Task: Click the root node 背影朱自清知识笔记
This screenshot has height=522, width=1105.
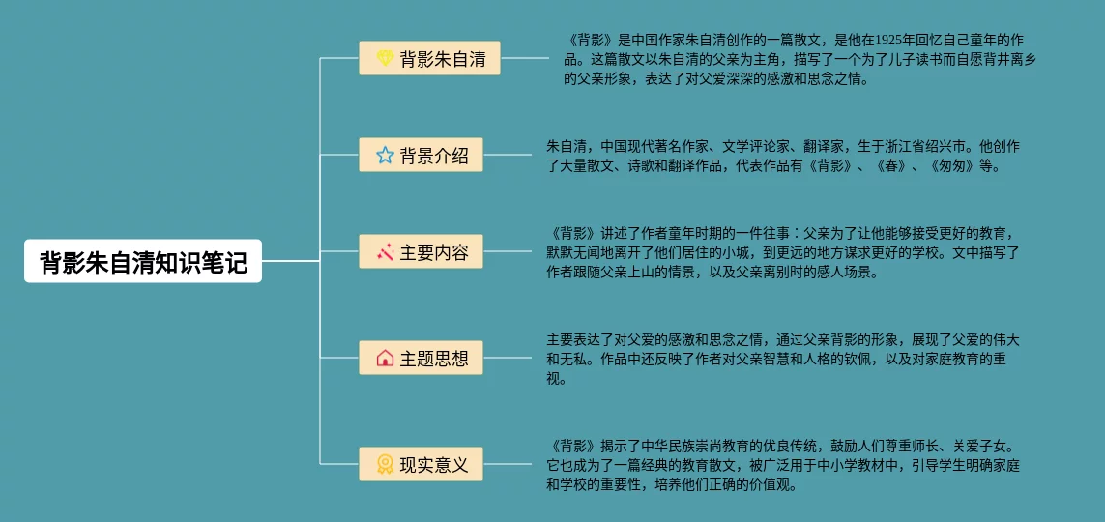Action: coord(143,261)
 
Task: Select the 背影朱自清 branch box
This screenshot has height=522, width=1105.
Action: coord(429,58)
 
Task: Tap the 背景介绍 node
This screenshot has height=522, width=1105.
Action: coord(421,155)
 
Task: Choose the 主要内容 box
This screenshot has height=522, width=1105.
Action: coord(421,251)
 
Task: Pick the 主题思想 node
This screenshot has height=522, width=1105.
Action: coord(421,359)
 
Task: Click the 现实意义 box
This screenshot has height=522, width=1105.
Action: coord(421,464)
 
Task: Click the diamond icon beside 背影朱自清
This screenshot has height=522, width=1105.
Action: coord(385,58)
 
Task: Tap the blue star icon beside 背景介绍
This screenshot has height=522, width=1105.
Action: coord(385,155)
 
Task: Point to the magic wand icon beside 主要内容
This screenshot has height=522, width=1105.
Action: coord(385,252)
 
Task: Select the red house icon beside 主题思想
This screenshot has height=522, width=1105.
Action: coord(385,359)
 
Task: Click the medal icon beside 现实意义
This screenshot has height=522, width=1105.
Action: coord(385,464)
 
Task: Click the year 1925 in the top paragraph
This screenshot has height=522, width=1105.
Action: coord(888,41)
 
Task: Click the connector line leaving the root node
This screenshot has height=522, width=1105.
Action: coord(289,261)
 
